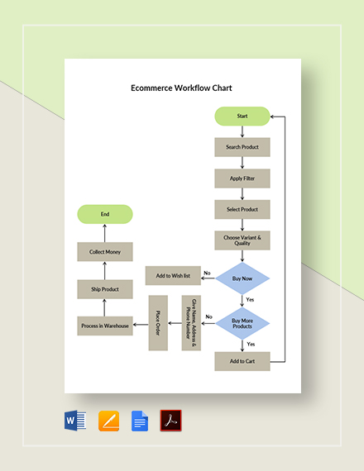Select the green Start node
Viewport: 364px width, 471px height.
pyautogui.click(x=242, y=117)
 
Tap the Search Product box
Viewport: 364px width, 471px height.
pyautogui.click(x=242, y=147)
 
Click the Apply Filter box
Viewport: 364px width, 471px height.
pyautogui.click(x=242, y=178)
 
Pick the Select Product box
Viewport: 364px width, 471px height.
pyautogui.click(x=242, y=209)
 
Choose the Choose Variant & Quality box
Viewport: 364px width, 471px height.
pyautogui.click(x=242, y=240)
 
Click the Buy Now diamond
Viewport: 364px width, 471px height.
pyautogui.click(x=242, y=279)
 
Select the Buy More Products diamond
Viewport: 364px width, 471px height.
pyautogui.click(x=242, y=322)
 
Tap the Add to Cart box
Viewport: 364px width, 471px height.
pyautogui.click(x=242, y=361)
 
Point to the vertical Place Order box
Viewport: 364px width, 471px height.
pyautogui.click(x=158, y=322)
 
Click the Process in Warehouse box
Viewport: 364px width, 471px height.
pyautogui.click(x=105, y=326)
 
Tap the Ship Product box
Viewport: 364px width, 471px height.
pyautogui.click(x=105, y=289)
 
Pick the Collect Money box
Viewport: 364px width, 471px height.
pyautogui.click(x=105, y=252)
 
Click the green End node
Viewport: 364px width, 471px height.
pyautogui.click(x=105, y=214)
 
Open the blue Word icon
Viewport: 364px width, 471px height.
pyautogui.click(x=75, y=421)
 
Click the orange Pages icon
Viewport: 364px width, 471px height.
pyautogui.click(x=109, y=421)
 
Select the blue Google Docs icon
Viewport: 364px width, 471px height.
pyautogui.click(x=139, y=421)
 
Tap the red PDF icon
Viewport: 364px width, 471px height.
pyautogui.click(x=170, y=421)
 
